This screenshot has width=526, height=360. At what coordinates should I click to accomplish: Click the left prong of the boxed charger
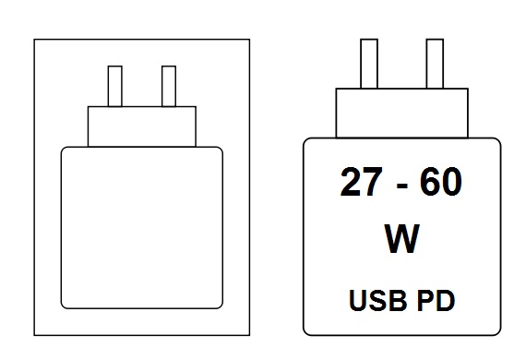click(115, 86)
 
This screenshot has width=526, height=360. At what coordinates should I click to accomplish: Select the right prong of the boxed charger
click(169, 86)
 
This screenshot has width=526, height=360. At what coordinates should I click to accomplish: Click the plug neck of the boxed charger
click(142, 126)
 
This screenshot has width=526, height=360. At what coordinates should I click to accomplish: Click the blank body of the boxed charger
click(142, 227)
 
